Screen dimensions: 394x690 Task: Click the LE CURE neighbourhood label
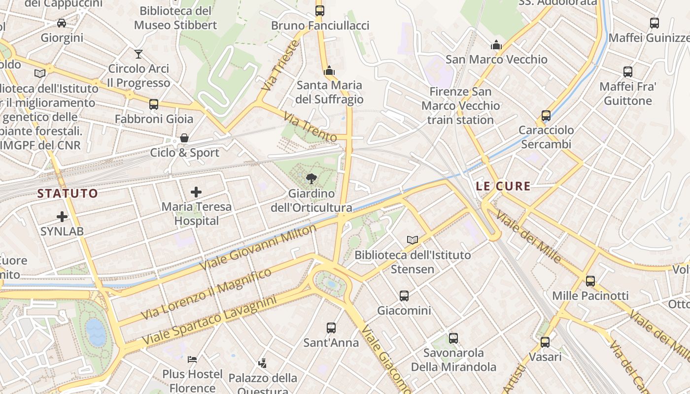[503, 186]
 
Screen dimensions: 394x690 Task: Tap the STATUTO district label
[68, 193]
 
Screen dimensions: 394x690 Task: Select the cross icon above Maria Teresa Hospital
[196, 192]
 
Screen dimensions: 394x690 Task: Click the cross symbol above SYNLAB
[62, 216]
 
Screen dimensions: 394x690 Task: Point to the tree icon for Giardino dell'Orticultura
[311, 178]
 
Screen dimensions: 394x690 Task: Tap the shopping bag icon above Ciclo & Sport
[184, 138]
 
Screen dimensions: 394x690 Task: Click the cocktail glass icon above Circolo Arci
[138, 54]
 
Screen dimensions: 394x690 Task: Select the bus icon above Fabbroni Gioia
[154, 104]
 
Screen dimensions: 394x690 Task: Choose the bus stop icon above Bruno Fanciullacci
[320, 10]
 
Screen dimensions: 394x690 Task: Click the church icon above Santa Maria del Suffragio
[329, 70]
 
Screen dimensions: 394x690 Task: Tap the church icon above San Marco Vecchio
[496, 45]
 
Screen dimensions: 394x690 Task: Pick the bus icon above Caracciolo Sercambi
[546, 116]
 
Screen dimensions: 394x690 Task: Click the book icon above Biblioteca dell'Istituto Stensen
[413, 240]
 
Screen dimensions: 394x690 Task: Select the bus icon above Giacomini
[404, 295]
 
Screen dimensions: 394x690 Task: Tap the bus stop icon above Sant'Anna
[331, 328]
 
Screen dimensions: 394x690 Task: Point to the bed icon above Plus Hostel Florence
[193, 359]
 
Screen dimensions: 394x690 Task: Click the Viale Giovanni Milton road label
[259, 247]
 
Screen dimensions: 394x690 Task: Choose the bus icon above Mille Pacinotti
[590, 281]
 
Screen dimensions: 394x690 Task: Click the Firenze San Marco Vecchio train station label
[460, 105]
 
